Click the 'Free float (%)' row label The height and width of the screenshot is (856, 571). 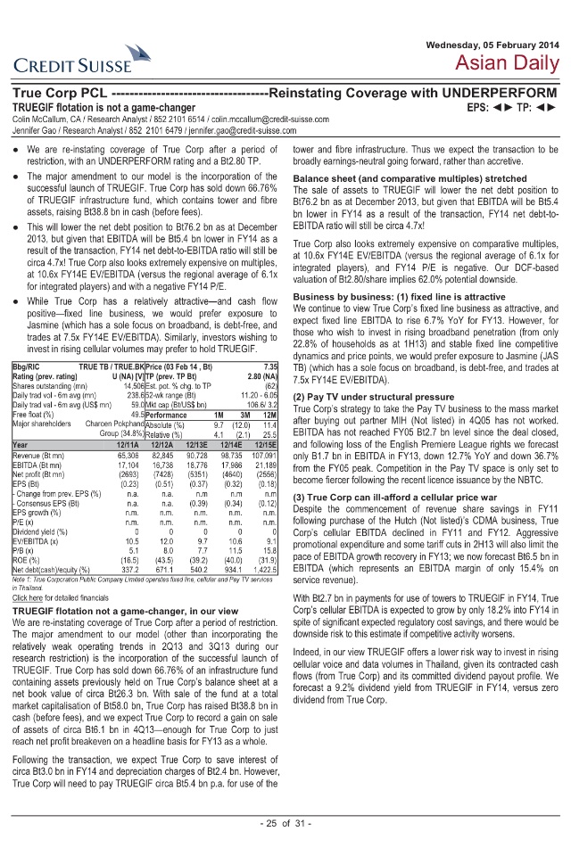coord(33,414)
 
